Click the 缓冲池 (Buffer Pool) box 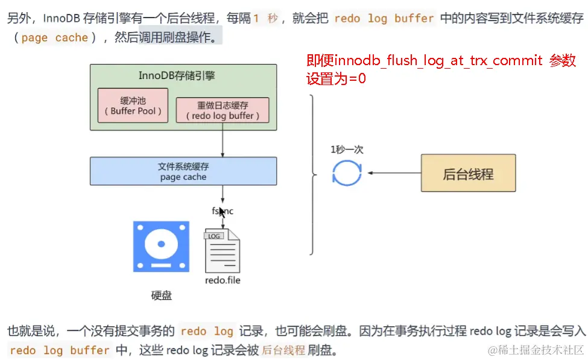click(x=133, y=105)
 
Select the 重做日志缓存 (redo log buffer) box click(x=223, y=110)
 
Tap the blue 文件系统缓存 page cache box click(x=183, y=171)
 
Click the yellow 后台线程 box click(x=468, y=174)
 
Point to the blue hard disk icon click(x=161, y=246)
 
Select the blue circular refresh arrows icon click(x=347, y=172)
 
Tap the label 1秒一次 click(x=347, y=150)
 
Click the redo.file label click(x=223, y=280)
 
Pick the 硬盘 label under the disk click(x=161, y=295)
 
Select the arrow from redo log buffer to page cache click(x=223, y=141)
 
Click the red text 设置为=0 click(x=337, y=78)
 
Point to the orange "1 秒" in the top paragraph click(x=265, y=18)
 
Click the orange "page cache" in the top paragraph click(x=54, y=38)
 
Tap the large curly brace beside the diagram click(x=312, y=175)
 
